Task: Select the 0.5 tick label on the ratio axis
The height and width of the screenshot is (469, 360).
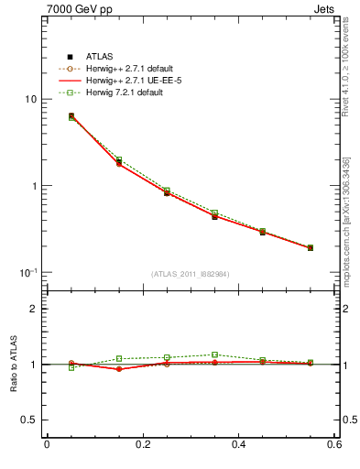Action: tap(29, 420)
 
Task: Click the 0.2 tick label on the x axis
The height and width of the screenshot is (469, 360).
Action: tap(142, 445)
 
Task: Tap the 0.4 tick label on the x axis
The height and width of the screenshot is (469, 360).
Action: tap(238, 445)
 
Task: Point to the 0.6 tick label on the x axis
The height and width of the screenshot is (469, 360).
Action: tap(334, 445)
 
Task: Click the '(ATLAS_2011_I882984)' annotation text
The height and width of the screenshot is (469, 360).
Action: tap(190, 274)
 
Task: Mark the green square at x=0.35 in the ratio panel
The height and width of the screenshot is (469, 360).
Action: tap(214, 354)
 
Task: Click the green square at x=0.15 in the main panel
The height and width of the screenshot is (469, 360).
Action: tap(118, 160)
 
